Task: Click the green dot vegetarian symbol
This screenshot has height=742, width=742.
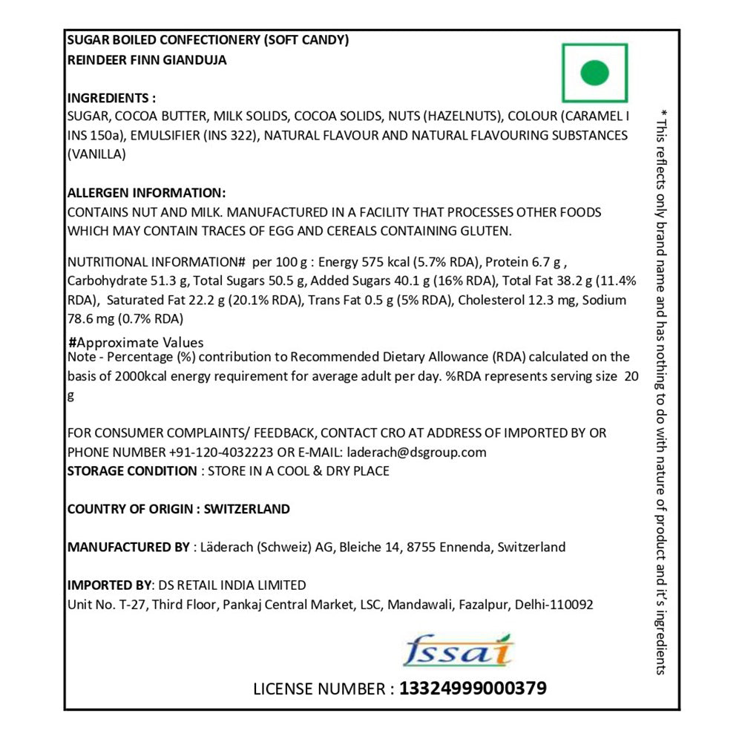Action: (x=594, y=73)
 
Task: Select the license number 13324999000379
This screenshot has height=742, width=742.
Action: (x=473, y=689)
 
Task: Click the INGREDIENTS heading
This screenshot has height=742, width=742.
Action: (x=111, y=98)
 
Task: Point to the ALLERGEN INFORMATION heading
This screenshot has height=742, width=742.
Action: (x=146, y=193)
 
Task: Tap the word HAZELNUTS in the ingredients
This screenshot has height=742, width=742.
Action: (x=462, y=116)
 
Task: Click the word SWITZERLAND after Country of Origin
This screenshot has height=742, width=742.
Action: (x=246, y=509)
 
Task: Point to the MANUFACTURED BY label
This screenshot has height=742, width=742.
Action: (x=128, y=548)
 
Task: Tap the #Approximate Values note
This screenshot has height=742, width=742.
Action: (x=136, y=343)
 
